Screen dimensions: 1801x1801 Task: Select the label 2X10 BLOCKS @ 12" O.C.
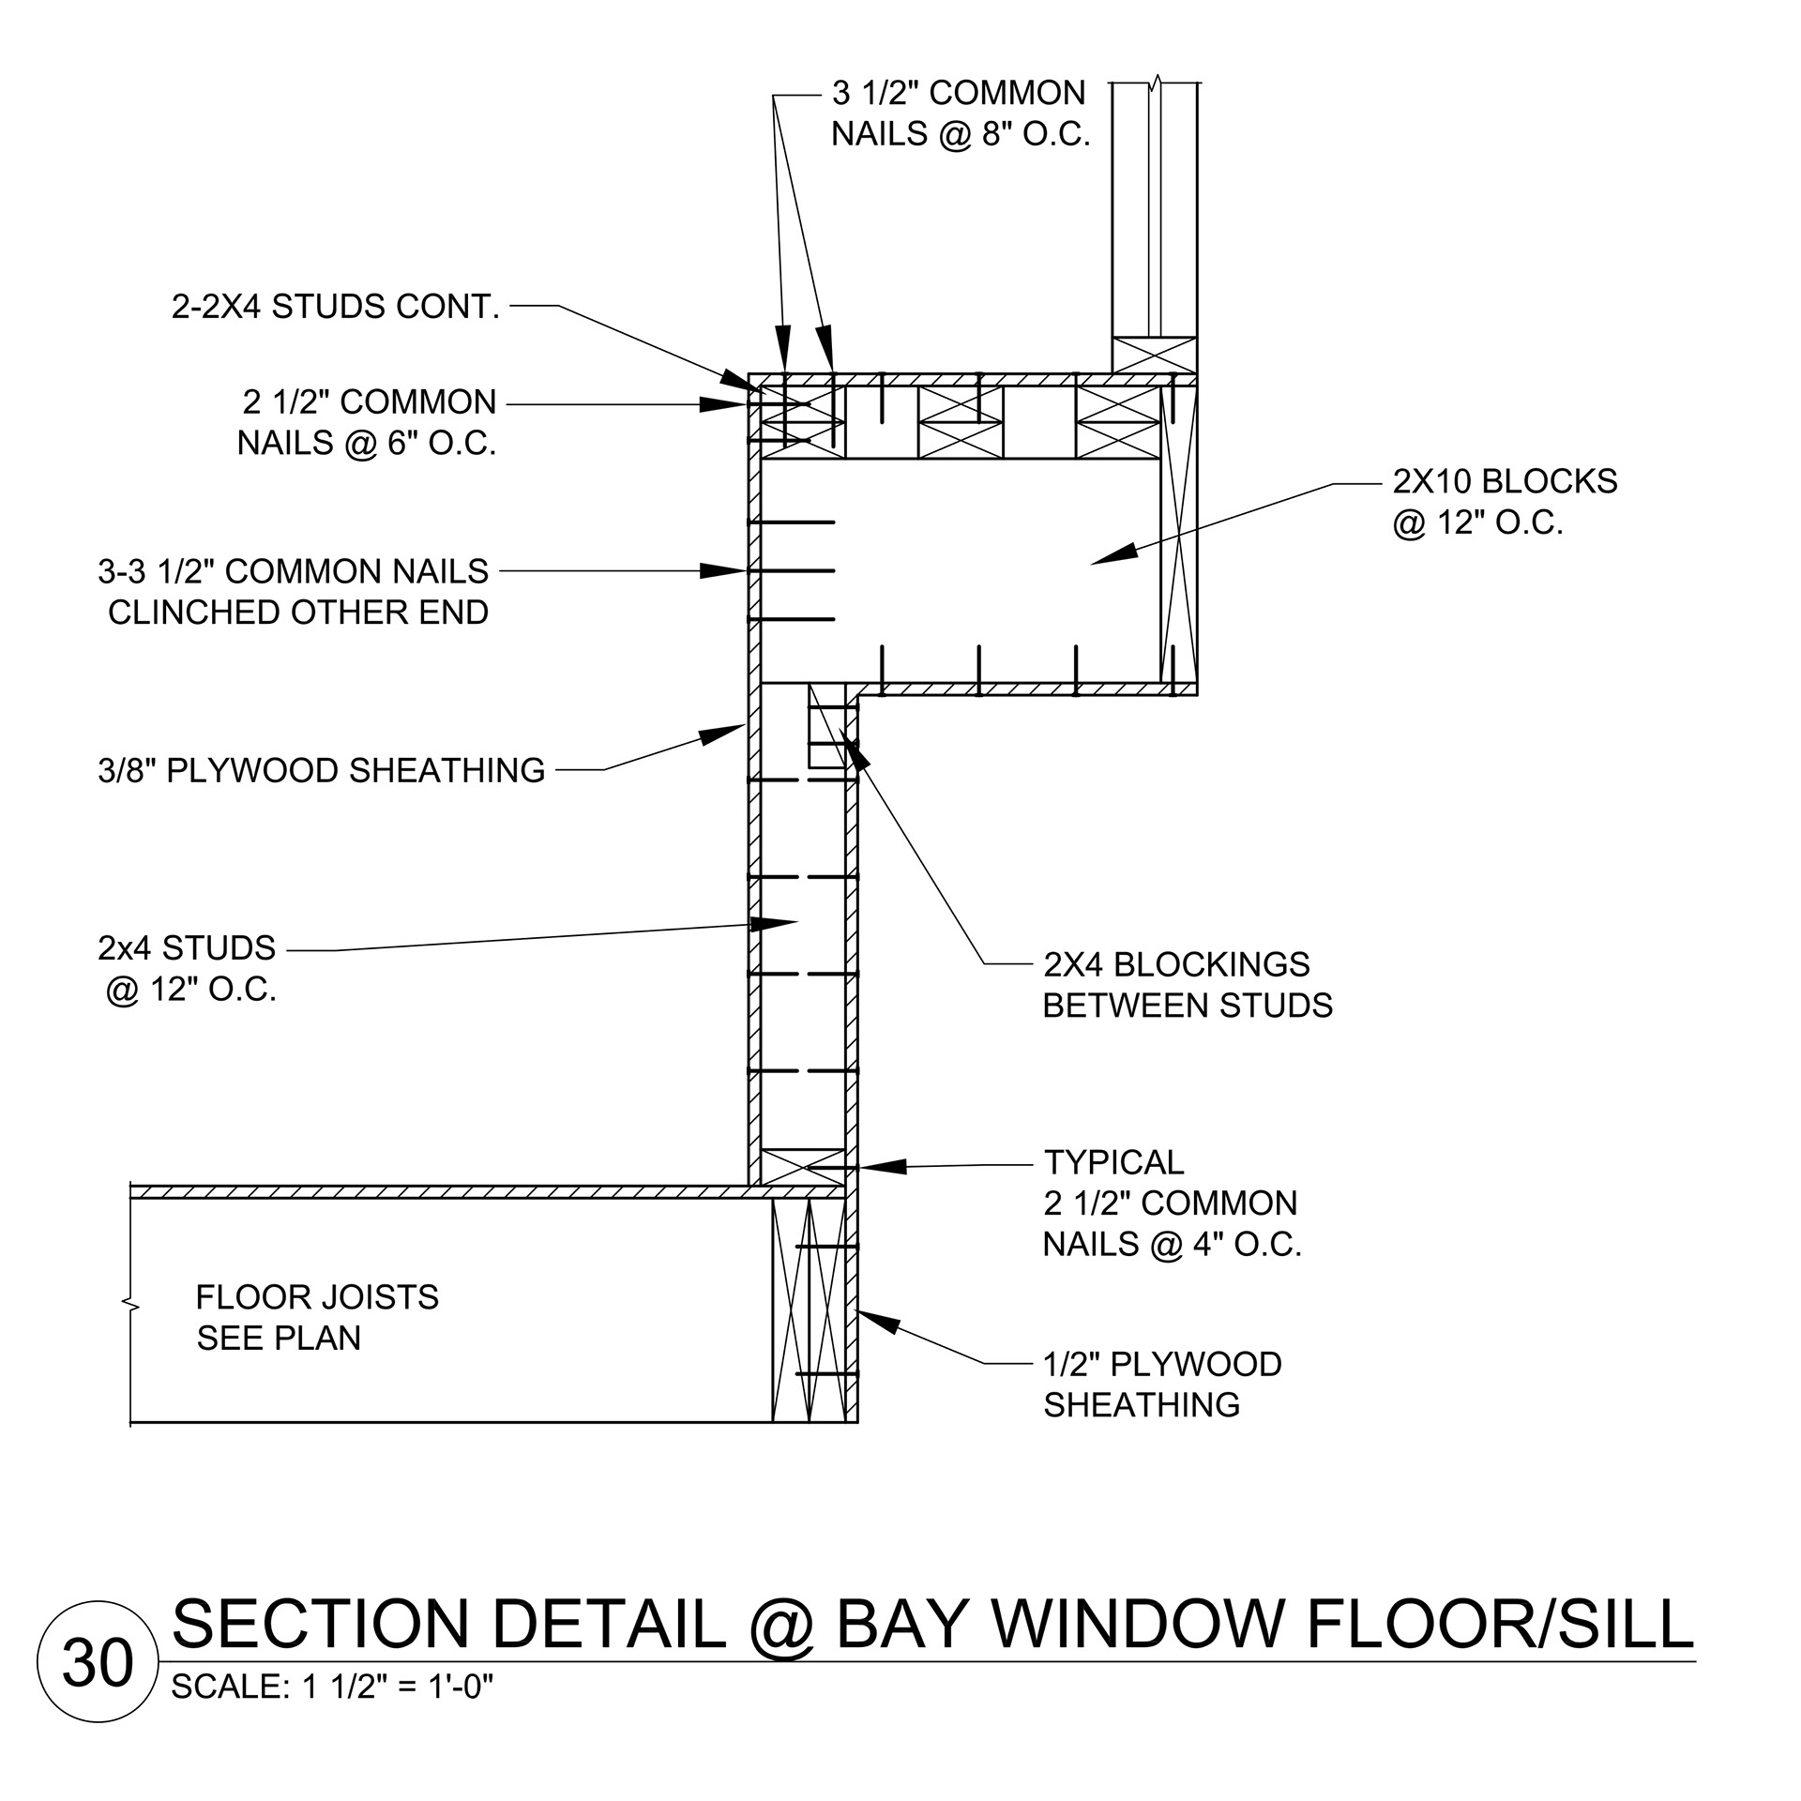(x=1505, y=501)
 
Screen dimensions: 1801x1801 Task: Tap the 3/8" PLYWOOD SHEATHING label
(x=321, y=770)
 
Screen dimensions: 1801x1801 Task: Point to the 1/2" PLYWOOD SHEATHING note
(x=1162, y=1385)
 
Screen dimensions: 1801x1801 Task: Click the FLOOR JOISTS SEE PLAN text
(x=317, y=1317)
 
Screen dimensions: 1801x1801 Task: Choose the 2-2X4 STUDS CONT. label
(x=336, y=307)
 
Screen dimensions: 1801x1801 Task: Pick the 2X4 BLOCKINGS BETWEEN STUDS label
(x=1188, y=985)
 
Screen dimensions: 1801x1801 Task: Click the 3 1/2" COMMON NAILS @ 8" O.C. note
(x=960, y=114)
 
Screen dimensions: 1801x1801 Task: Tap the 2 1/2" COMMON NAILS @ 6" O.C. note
(x=368, y=422)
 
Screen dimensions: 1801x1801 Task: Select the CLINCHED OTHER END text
(x=298, y=613)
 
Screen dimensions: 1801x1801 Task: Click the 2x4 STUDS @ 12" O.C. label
(x=188, y=969)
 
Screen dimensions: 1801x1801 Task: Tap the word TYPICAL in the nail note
(x=1114, y=1162)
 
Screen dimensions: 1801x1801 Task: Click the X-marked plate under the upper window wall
(x=1154, y=356)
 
